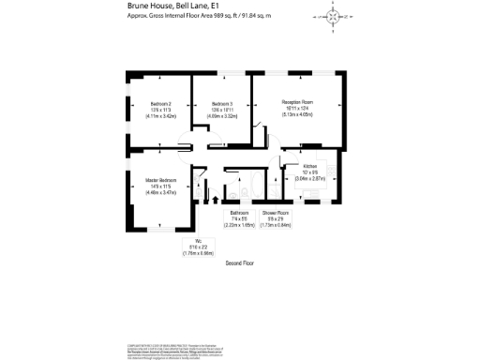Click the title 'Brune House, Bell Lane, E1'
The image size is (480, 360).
tap(170, 6)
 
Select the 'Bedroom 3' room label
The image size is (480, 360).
tap(222, 104)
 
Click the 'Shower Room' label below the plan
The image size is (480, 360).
tap(276, 214)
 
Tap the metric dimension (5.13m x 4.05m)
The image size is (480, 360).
tap(297, 114)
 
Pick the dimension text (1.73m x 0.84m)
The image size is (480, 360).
tap(276, 225)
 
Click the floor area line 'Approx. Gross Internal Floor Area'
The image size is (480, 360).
tap(193, 17)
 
